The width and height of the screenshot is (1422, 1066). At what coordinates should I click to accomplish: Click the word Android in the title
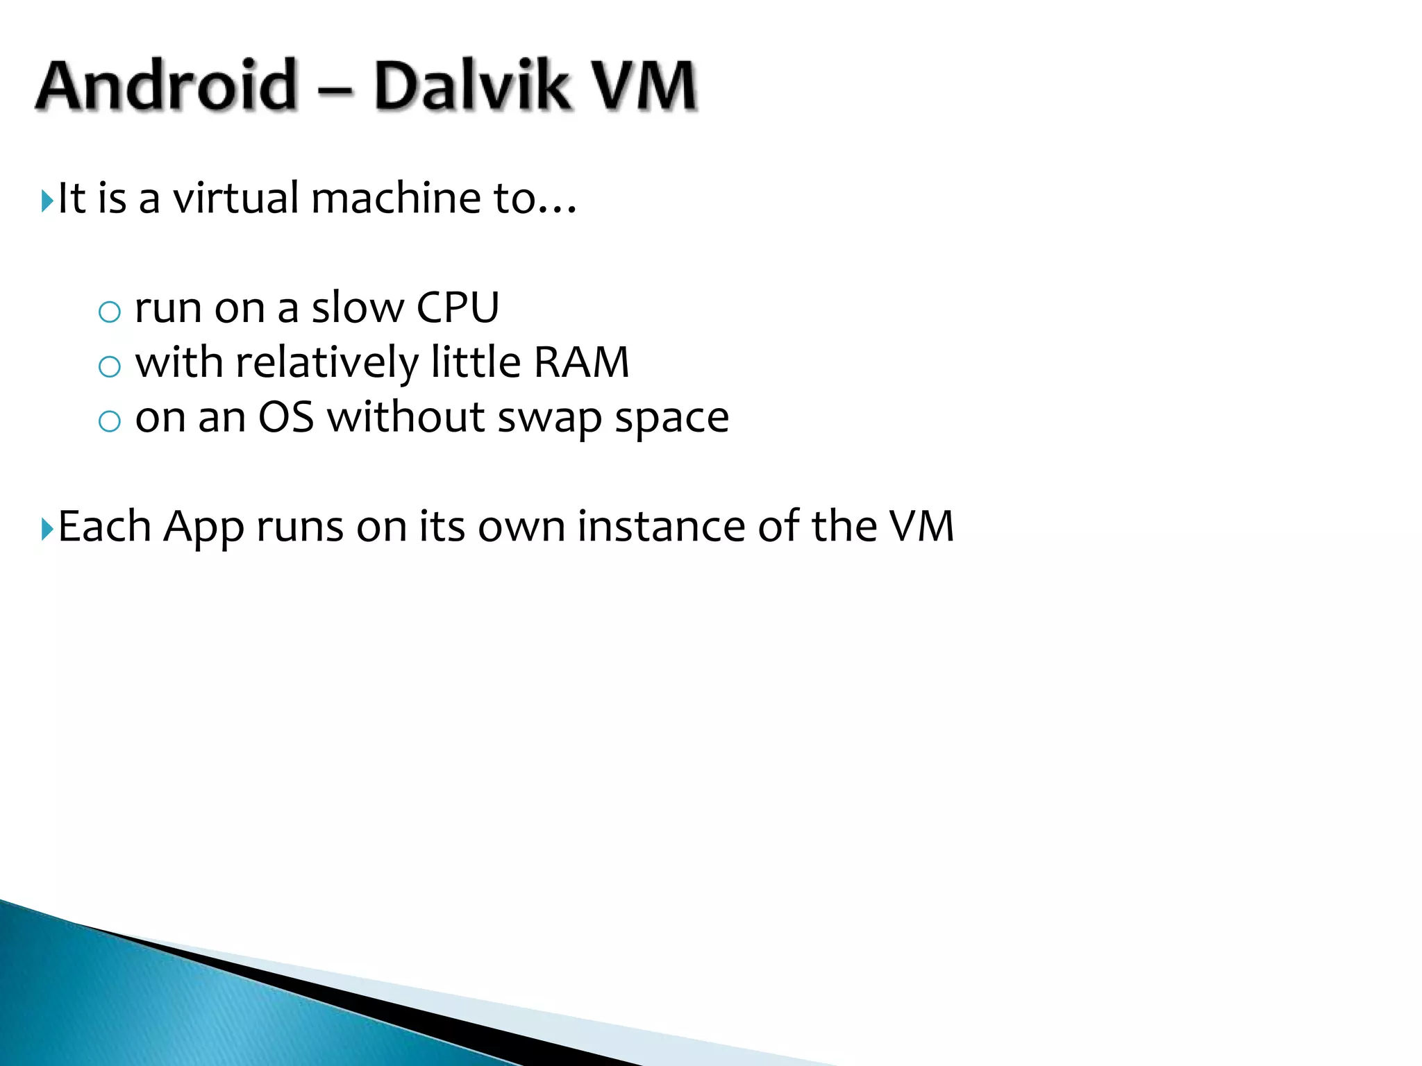coord(167,86)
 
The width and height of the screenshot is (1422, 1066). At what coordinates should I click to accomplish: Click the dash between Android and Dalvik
coord(337,89)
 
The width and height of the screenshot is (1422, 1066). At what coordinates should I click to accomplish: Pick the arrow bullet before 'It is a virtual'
coord(47,201)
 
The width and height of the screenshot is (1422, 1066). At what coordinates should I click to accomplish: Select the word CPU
coord(458,307)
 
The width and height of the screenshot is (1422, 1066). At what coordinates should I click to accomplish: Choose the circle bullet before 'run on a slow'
coord(110,312)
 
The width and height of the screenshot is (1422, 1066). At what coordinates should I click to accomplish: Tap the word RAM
coord(582,362)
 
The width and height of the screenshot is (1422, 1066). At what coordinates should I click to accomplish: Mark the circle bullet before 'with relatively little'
coord(110,366)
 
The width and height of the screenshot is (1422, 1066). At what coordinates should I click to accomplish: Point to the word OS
coord(285,418)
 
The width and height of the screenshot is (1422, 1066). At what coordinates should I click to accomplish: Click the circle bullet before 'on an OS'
coord(110,421)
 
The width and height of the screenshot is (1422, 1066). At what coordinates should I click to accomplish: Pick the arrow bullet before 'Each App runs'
coord(47,530)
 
